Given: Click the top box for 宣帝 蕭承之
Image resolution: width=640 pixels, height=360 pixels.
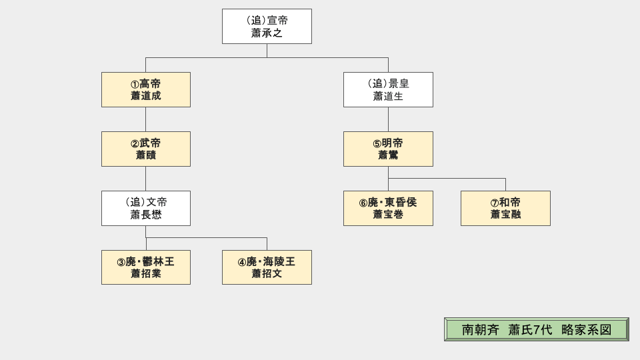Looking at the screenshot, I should click(267, 26).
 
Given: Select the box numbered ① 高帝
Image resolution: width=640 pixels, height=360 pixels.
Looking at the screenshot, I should click(146, 89).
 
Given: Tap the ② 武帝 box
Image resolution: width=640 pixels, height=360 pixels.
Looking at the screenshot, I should click(146, 149).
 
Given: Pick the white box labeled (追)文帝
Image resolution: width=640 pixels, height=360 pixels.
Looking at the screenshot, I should click(146, 208).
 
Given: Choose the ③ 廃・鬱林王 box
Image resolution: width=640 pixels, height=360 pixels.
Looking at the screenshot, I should click(146, 267).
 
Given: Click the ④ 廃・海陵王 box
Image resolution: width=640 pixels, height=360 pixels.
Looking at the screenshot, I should click(267, 267).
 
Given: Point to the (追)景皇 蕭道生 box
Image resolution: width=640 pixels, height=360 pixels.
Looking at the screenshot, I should click(388, 89).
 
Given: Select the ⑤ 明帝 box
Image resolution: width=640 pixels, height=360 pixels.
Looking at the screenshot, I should click(388, 149).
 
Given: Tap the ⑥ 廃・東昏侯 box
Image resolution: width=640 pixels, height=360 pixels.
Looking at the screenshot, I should click(388, 208).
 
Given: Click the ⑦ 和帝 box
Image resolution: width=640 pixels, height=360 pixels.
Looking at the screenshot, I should click(505, 208).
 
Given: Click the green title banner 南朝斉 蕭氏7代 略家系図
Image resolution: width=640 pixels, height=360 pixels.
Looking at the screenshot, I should click(537, 329).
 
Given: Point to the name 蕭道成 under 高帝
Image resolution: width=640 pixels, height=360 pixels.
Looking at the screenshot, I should click(146, 96).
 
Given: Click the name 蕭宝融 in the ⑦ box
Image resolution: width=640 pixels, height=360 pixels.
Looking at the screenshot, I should click(505, 215).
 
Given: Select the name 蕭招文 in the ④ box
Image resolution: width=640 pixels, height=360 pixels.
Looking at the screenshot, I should click(267, 274).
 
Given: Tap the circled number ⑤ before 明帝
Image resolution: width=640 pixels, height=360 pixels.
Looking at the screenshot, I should click(377, 143).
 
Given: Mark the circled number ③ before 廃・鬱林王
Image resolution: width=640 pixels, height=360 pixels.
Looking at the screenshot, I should click(121, 262).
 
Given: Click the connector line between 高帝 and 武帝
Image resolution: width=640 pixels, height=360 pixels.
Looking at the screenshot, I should click(146, 119).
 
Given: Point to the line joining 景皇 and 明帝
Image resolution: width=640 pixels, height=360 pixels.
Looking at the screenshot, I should click(388, 119).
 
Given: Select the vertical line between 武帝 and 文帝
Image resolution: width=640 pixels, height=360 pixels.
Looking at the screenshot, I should click(146, 179).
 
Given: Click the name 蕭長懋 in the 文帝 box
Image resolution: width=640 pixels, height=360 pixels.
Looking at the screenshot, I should click(146, 215).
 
